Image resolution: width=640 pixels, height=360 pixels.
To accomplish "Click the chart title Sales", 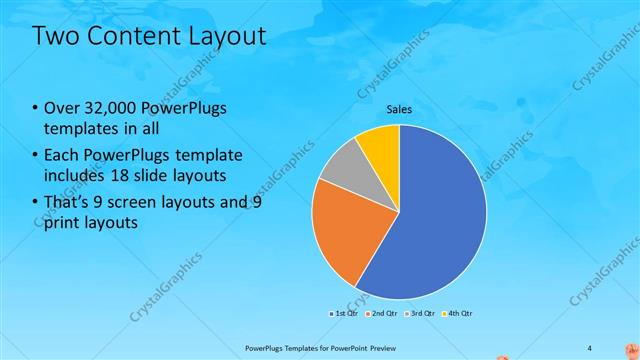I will [x=399, y=109].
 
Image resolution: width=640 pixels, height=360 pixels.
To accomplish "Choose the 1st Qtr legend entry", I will [x=346, y=313].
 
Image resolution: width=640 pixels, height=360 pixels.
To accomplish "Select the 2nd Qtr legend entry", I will [x=383, y=313].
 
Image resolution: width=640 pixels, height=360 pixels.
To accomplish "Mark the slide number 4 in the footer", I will [x=589, y=348].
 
